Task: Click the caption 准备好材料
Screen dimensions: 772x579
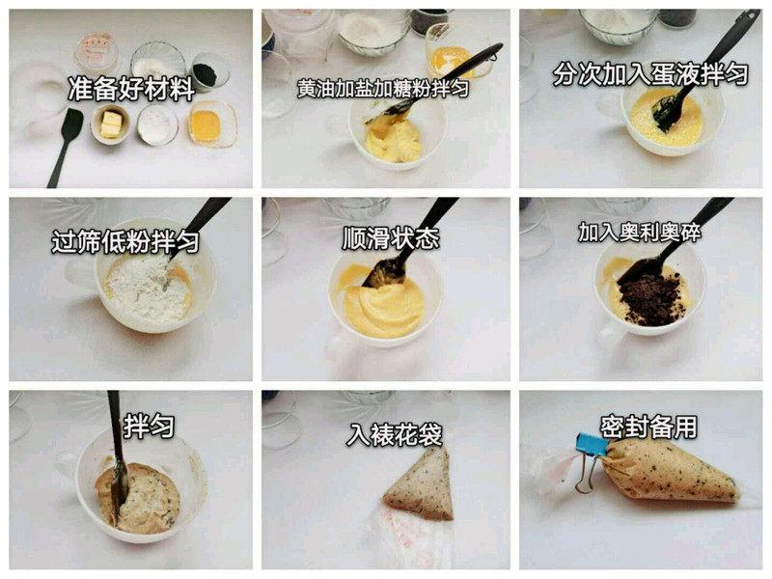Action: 131,89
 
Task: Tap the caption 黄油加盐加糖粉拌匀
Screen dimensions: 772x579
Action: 383,88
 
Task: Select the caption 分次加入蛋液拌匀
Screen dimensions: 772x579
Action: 650,74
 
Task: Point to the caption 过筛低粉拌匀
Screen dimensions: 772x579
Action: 125,242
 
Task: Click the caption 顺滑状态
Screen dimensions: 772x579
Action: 391,238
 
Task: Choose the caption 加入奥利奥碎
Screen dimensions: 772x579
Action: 640,233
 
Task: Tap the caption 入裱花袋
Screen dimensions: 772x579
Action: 395,434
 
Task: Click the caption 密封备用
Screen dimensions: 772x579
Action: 648,427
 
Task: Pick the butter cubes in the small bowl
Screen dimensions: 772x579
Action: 112,124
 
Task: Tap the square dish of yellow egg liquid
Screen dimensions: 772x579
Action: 212,124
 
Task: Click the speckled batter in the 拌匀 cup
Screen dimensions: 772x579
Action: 139,498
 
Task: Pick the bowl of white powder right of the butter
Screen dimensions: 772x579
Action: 157,125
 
